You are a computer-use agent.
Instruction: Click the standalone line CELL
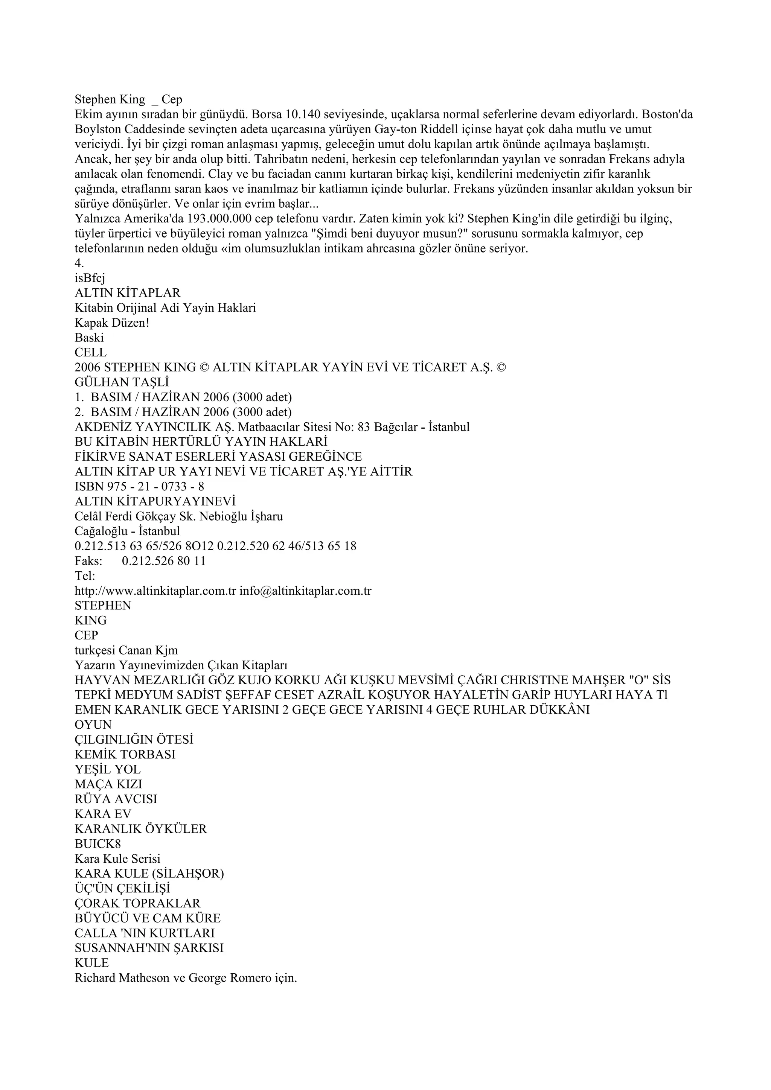point(91,353)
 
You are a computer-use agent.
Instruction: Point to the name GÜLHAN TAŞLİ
point(122,382)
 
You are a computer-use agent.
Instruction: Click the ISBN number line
point(140,487)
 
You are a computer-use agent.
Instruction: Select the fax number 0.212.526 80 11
point(164,561)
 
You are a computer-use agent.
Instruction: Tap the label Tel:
point(85,576)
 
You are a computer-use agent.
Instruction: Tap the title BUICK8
point(98,843)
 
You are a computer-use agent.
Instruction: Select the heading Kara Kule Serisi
point(118,858)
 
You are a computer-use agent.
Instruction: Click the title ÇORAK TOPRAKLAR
point(138,903)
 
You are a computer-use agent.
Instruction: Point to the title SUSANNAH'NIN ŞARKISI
point(149,948)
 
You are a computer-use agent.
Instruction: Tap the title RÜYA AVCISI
point(116,799)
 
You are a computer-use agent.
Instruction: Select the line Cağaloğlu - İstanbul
point(127,531)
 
